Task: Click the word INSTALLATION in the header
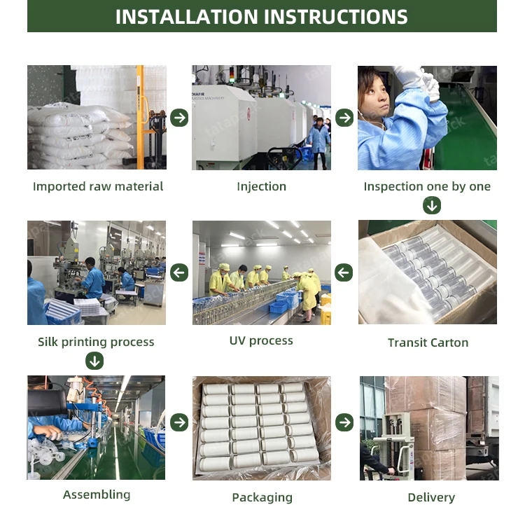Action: (x=188, y=17)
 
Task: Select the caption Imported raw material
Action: (x=98, y=186)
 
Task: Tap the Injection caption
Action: (x=262, y=186)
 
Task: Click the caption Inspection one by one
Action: (x=427, y=186)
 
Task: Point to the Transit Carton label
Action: (x=428, y=342)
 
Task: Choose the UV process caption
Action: (x=261, y=341)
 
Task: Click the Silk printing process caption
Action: (x=96, y=342)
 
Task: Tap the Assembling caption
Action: (x=97, y=495)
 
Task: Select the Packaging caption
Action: (x=262, y=497)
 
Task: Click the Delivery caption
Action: (x=431, y=497)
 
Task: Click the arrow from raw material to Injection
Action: (x=179, y=118)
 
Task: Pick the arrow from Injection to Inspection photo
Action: (x=344, y=118)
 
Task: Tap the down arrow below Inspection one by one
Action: (x=432, y=205)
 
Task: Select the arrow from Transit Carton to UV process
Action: (x=344, y=272)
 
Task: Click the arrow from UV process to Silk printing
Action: (x=179, y=272)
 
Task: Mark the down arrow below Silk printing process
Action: (x=94, y=361)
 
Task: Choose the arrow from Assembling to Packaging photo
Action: (x=179, y=422)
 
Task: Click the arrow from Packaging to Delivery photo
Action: (x=344, y=422)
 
